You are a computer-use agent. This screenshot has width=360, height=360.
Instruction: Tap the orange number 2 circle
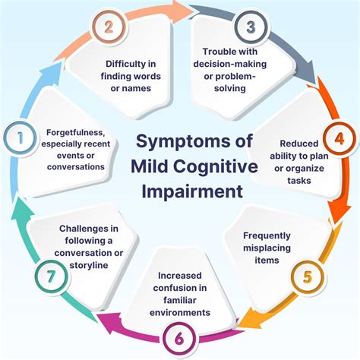(x=107, y=28)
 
